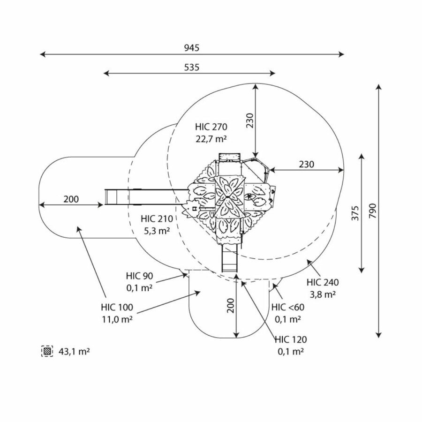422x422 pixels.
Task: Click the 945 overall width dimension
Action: click(192, 48)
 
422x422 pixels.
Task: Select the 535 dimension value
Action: click(191, 67)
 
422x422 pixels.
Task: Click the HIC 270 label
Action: click(211, 127)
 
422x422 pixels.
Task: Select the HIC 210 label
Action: click(157, 219)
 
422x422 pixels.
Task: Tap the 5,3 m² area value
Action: click(157, 230)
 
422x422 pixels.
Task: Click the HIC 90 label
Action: click(139, 276)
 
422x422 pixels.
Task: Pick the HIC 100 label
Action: click(117, 308)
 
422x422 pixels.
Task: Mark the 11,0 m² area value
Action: click(117, 319)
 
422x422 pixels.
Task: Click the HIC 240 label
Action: click(323, 282)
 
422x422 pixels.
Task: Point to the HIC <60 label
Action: click(288, 308)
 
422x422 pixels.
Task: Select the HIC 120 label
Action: click(291, 340)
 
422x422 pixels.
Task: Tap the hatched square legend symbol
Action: click(47, 351)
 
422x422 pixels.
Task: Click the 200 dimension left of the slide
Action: click(71, 199)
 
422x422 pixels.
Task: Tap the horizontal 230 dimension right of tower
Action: click(306, 164)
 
